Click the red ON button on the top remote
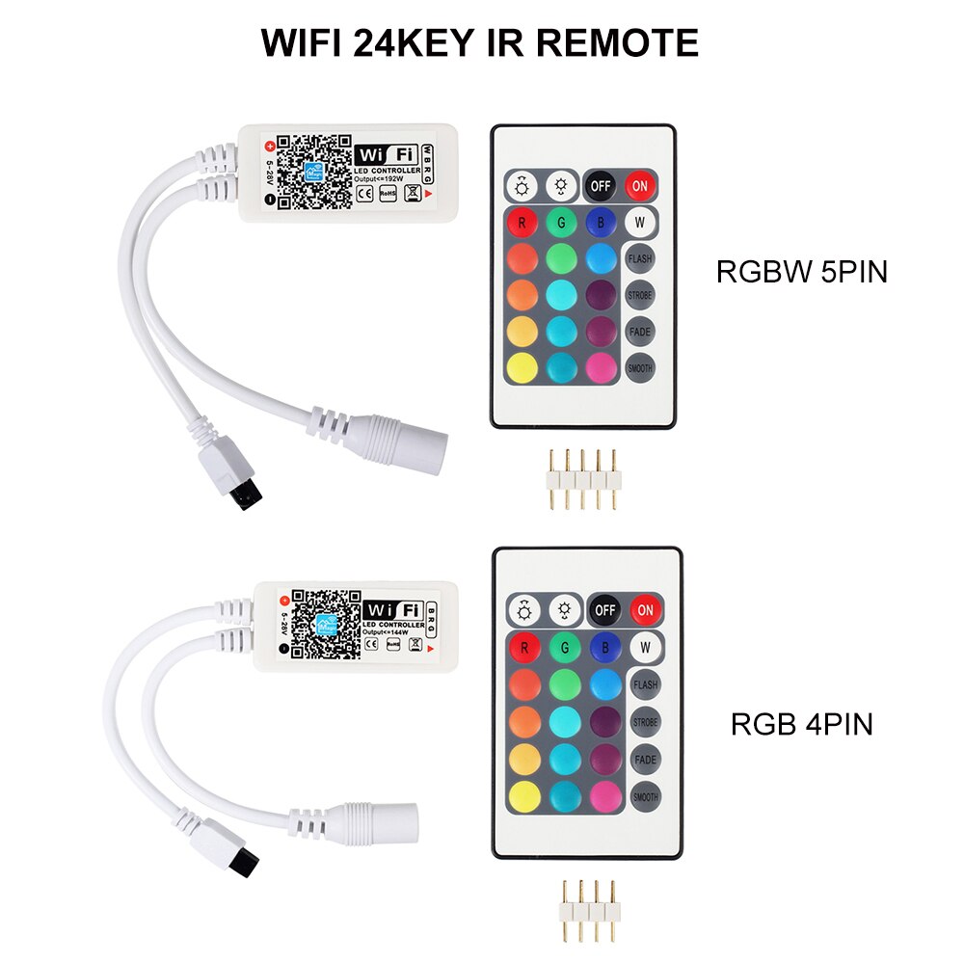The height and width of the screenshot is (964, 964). point(636,185)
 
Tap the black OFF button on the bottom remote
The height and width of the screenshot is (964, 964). point(604,609)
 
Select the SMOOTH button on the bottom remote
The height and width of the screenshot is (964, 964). point(646,797)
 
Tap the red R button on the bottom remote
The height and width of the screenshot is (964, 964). point(523,647)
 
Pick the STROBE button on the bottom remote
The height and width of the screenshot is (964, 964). point(646,722)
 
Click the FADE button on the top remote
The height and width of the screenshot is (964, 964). point(639,332)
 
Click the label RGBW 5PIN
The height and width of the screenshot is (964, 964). point(801,273)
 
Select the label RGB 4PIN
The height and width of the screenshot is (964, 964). point(801,724)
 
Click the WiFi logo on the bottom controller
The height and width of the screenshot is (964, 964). point(393,609)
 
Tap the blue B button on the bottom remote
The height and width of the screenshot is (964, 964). point(604,647)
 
